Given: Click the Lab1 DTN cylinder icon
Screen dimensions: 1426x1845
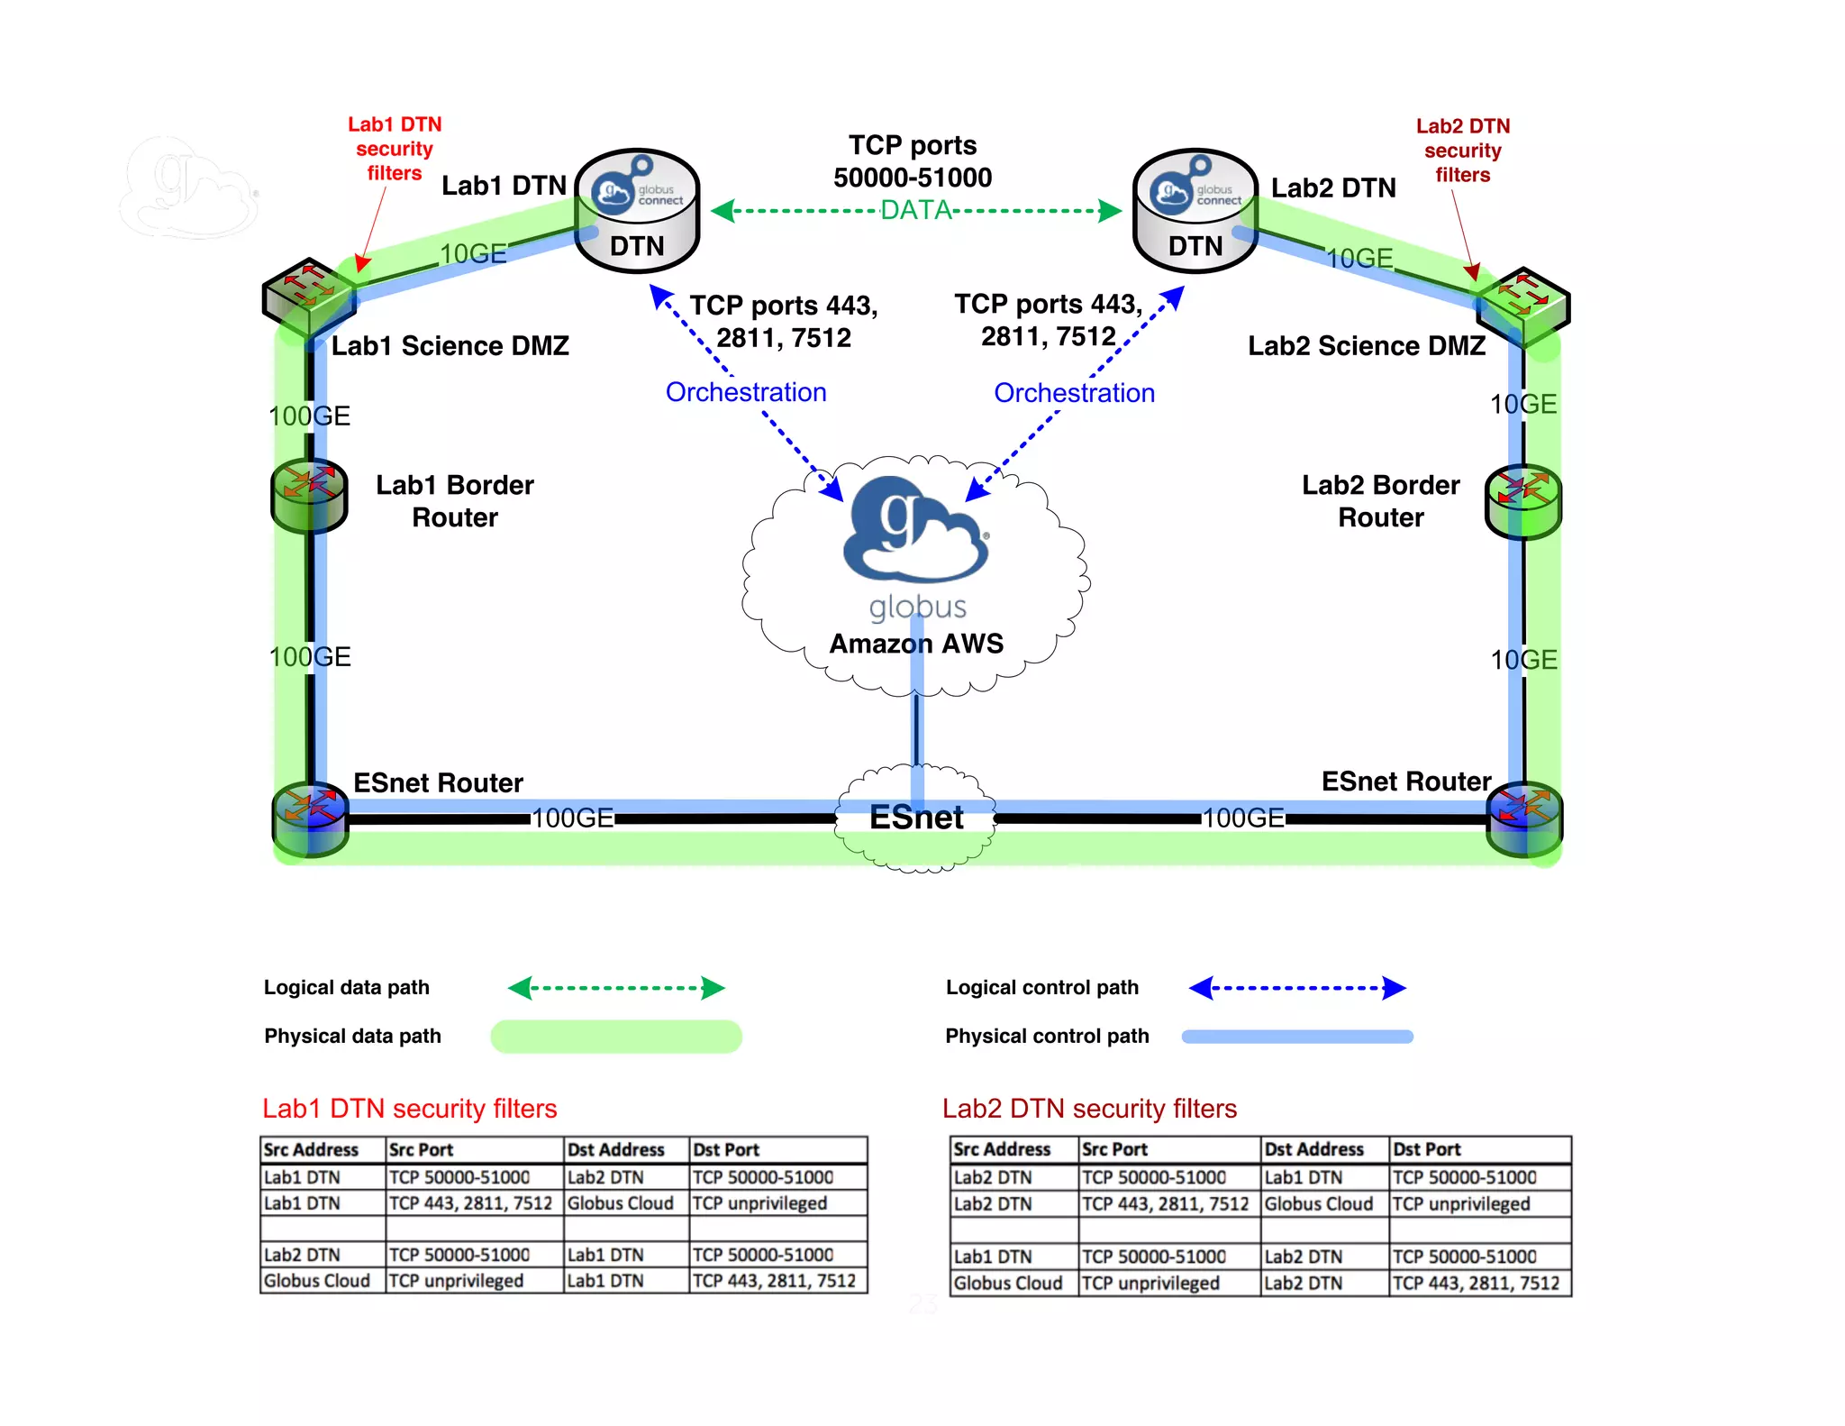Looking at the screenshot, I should (x=637, y=211).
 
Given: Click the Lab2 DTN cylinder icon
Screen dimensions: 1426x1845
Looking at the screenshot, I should (x=1195, y=211).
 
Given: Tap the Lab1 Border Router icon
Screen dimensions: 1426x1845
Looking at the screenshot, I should (x=309, y=495).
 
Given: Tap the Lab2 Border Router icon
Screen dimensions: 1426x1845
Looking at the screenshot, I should (x=1523, y=501).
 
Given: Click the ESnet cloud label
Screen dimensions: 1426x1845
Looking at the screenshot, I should (x=916, y=818).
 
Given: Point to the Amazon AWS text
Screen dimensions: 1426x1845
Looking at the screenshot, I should (x=916, y=644).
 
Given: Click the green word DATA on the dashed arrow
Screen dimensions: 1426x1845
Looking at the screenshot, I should (x=916, y=211).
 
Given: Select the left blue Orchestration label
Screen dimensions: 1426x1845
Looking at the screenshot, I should (x=746, y=392).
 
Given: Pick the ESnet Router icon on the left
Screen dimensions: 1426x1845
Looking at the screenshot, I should (x=310, y=818).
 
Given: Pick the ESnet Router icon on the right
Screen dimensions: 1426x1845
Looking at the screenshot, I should (x=1524, y=818).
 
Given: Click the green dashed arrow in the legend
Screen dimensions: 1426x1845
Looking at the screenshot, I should (x=616, y=988).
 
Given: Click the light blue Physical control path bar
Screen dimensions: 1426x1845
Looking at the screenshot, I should (x=1297, y=1037).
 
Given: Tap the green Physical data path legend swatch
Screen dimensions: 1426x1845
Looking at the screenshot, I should (x=616, y=1037).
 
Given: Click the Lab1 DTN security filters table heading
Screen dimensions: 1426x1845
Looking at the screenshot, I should (x=410, y=1109).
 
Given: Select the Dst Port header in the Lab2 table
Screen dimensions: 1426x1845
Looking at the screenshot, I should (x=1427, y=1149).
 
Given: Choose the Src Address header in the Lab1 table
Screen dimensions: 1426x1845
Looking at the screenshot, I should (x=311, y=1149).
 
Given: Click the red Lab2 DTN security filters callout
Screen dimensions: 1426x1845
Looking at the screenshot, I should (x=1462, y=151).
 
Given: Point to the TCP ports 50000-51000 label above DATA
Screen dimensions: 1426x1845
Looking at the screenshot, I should (x=913, y=161).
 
